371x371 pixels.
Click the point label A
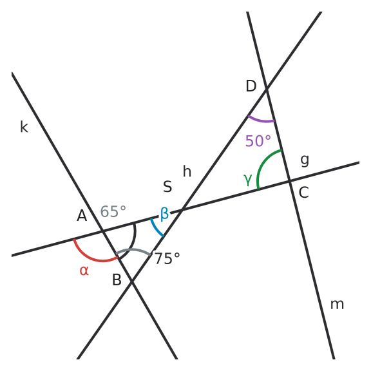coord(82,216)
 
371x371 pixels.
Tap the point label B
coord(117,280)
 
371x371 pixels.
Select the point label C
coord(304,192)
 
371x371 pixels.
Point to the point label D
coord(251,86)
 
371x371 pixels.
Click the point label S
coord(167,186)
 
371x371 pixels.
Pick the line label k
coord(24,127)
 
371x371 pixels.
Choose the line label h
coord(187,171)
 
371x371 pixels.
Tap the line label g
coord(305,161)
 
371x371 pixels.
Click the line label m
coord(337,304)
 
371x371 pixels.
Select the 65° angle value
coord(113,211)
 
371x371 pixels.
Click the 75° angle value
coord(167,258)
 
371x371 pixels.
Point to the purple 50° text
coord(258,141)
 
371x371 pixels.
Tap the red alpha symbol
coord(84,271)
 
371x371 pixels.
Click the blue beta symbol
coord(164,214)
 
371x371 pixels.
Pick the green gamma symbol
coord(248,180)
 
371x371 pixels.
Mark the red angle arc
coord(94,259)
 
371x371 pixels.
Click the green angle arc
coord(264,164)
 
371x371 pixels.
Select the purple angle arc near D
coord(261,121)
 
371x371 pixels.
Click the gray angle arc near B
coord(134,250)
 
